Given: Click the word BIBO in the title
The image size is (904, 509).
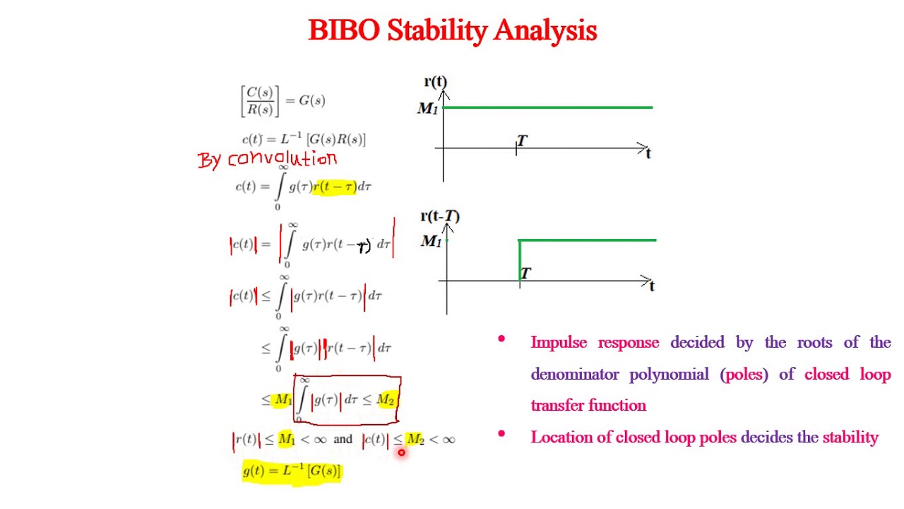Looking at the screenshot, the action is pyautogui.click(x=345, y=30).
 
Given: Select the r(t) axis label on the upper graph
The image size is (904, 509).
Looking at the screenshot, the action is pyautogui.click(x=435, y=82).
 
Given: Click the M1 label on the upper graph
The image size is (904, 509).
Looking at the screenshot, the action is pyautogui.click(x=427, y=109).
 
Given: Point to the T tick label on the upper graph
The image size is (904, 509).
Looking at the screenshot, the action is pyautogui.click(x=522, y=141).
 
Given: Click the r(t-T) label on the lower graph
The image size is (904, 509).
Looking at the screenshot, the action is pyautogui.click(x=439, y=216).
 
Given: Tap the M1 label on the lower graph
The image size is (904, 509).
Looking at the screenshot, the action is pyautogui.click(x=431, y=242).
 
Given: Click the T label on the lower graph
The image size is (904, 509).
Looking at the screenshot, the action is pyautogui.click(x=525, y=273).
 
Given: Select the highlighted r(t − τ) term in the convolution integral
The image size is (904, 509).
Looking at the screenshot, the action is pyautogui.click(x=334, y=187).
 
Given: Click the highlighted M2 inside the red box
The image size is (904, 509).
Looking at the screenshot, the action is pyautogui.click(x=386, y=400).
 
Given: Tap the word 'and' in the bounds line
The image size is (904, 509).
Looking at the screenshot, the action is pyautogui.click(x=343, y=440).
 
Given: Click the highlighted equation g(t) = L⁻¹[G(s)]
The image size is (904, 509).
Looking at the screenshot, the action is pyautogui.click(x=292, y=471).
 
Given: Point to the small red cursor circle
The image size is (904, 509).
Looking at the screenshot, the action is pyautogui.click(x=401, y=452).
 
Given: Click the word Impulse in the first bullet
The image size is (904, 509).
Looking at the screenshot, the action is pyautogui.click(x=559, y=343).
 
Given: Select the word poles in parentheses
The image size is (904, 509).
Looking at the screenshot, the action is pyautogui.click(x=744, y=374).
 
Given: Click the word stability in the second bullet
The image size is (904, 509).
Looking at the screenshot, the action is pyautogui.click(x=850, y=437).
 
